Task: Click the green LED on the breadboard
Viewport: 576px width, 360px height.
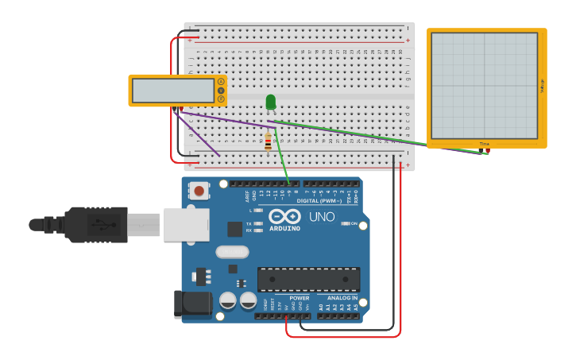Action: tap(271, 102)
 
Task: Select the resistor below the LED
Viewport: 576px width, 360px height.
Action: tap(268, 143)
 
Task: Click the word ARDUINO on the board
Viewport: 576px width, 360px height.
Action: tap(284, 229)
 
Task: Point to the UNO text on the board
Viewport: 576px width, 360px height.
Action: tap(322, 217)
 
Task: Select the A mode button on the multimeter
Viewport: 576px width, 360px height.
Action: tap(221, 81)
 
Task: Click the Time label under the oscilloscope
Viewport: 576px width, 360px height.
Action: tap(485, 143)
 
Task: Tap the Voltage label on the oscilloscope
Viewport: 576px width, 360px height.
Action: tap(542, 85)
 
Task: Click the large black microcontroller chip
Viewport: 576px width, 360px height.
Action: tap(308, 279)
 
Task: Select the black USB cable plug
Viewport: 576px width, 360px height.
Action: tap(95, 224)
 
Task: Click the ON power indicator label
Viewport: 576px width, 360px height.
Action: tap(354, 223)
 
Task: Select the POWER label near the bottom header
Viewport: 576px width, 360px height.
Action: tap(299, 298)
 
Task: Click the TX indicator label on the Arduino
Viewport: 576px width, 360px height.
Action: tap(249, 224)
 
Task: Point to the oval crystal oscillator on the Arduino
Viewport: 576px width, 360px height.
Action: tap(232, 252)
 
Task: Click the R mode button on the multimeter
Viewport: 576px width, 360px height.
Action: tap(221, 99)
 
